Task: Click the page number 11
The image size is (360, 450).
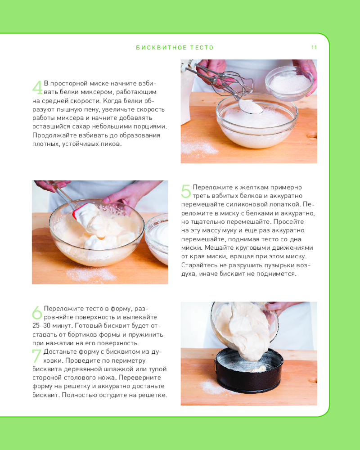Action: pos(314,47)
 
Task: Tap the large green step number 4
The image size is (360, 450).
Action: pos(37,88)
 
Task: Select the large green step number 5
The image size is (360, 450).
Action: pos(186,191)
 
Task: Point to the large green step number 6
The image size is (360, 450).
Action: pos(37,313)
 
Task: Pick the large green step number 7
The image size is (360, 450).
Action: pos(36,356)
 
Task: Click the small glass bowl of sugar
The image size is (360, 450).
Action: pos(289,82)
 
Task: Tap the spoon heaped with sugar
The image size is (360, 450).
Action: pos(250,107)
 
